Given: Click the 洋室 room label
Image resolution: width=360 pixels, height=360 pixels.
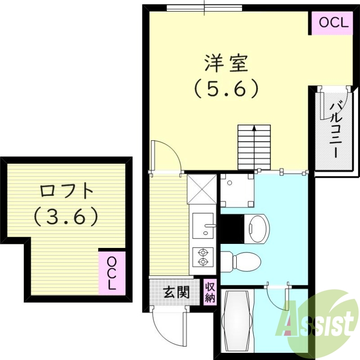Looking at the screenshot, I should (x=226, y=63).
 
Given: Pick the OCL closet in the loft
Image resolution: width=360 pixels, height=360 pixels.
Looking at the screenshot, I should (x=112, y=273).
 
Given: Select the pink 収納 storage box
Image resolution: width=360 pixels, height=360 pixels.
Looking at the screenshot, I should (x=210, y=292).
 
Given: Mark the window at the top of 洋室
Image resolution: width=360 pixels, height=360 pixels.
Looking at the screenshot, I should (x=204, y=8).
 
